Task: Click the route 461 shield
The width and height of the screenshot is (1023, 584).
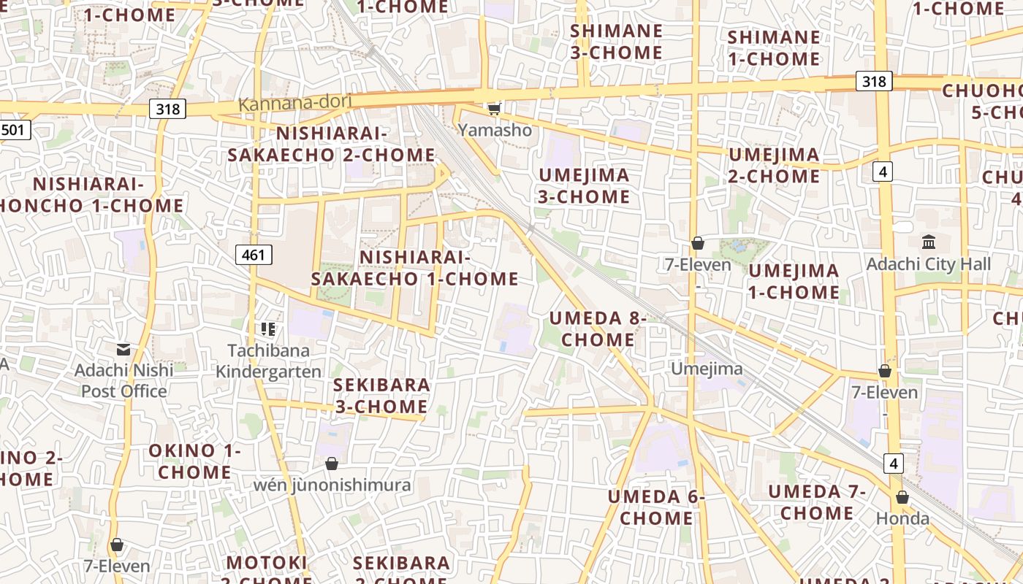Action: click(x=254, y=255)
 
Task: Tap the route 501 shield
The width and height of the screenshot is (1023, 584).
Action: click(x=14, y=131)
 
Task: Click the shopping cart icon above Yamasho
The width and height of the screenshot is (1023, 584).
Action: click(x=495, y=109)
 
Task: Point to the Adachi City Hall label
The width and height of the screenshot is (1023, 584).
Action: click(x=928, y=264)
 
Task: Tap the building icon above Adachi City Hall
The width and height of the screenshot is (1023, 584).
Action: click(x=929, y=242)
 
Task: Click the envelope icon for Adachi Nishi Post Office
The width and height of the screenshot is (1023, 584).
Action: click(x=123, y=350)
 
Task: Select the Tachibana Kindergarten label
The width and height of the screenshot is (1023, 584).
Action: click(x=268, y=361)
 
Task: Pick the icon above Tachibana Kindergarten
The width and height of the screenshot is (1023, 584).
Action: click(x=268, y=329)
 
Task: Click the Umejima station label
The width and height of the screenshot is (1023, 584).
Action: click(x=707, y=369)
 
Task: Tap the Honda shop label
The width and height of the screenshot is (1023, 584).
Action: click(x=903, y=519)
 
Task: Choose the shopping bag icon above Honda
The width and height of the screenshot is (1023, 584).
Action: click(x=902, y=497)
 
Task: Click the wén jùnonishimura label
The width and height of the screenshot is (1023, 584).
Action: click(x=332, y=485)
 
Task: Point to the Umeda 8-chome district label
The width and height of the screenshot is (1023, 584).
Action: click(x=598, y=329)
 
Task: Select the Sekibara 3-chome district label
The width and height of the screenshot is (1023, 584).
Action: click(x=381, y=396)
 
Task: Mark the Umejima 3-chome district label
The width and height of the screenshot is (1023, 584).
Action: click(x=584, y=185)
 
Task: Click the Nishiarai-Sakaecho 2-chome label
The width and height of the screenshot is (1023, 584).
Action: click(x=331, y=145)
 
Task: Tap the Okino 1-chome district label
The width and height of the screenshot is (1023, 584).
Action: click(x=194, y=461)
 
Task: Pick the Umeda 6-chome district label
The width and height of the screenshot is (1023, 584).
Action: click(x=656, y=507)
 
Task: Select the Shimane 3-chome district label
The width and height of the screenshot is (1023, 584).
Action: click(x=616, y=42)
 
